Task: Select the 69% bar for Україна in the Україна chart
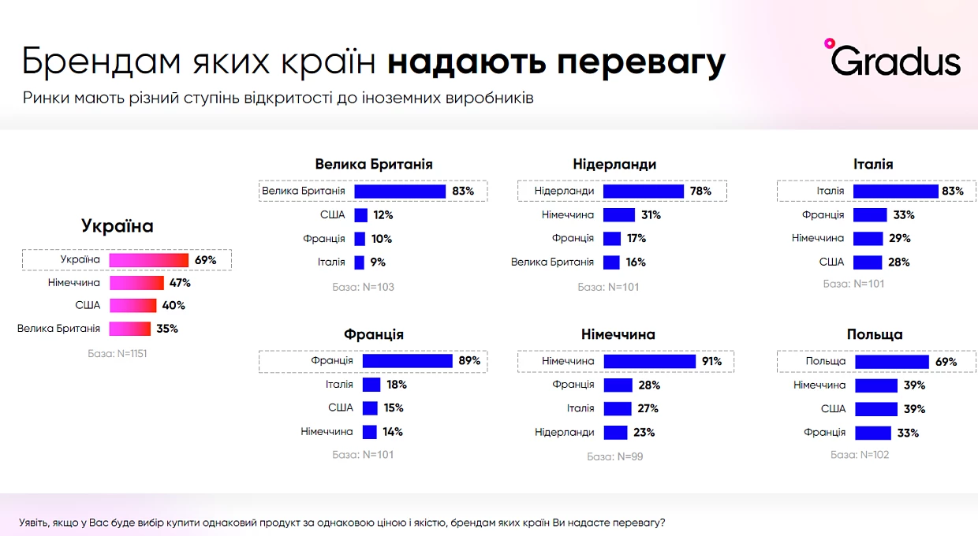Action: point(149,260)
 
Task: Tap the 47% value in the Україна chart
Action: point(180,283)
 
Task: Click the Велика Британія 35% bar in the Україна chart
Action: point(130,329)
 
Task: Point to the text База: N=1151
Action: point(117,354)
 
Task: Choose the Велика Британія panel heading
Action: point(374,164)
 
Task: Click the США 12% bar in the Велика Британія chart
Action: point(360,215)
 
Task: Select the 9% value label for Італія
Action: point(378,262)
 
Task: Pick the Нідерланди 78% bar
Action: point(644,192)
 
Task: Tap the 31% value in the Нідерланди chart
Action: point(651,214)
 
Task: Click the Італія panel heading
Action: point(873,164)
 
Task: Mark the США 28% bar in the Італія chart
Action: point(868,262)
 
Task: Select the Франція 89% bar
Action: point(407,361)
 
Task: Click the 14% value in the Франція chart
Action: point(393,432)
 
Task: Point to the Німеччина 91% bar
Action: point(650,362)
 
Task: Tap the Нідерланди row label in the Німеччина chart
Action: point(565,433)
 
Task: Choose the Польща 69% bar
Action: point(892,362)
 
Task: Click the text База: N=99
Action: point(614,456)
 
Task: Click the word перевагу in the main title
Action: point(641,62)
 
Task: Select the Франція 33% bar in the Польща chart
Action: point(873,433)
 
